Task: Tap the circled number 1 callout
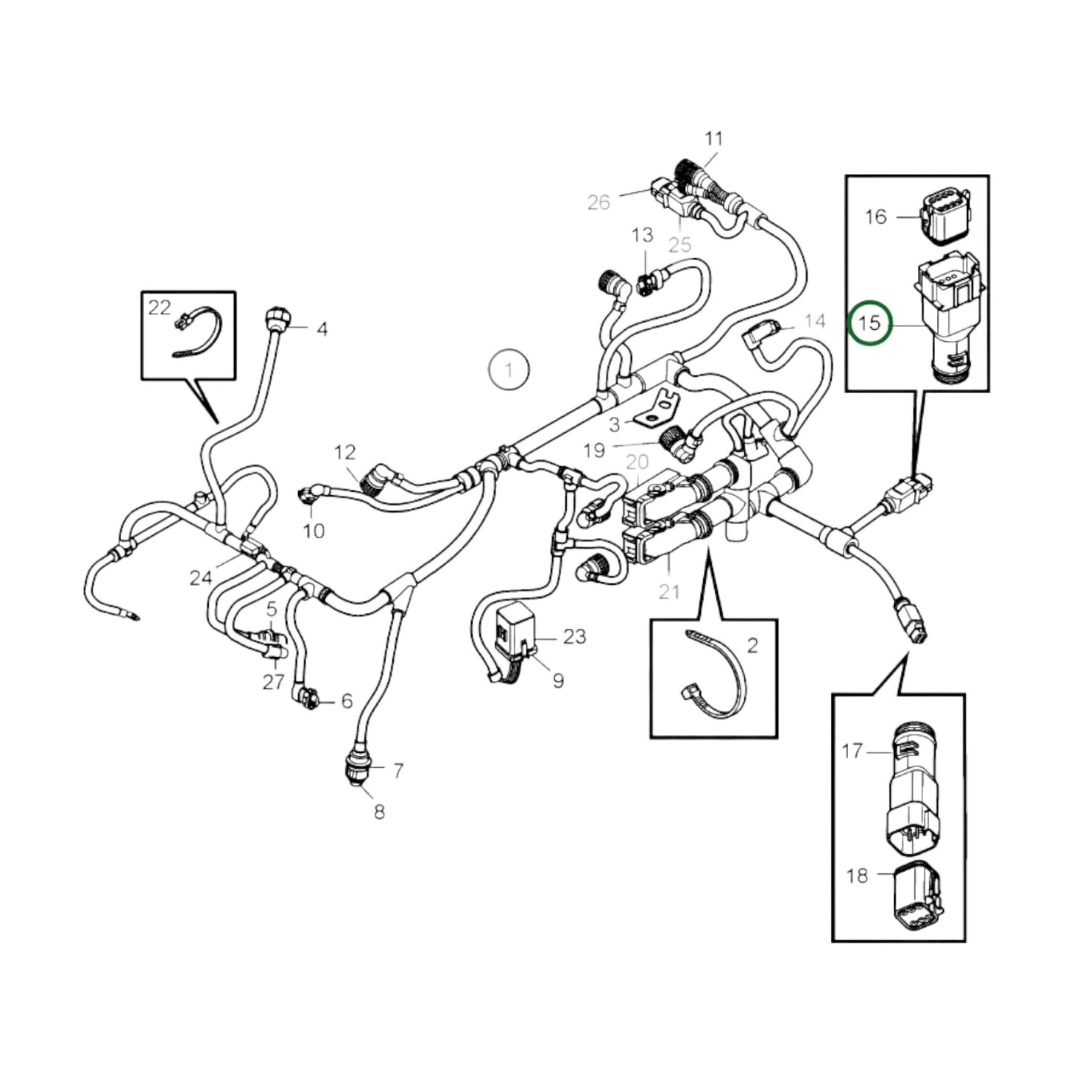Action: click(508, 369)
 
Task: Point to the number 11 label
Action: click(713, 138)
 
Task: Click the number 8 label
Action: click(379, 812)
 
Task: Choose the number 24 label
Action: click(200, 578)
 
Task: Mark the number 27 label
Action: click(273, 682)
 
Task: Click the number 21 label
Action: click(669, 592)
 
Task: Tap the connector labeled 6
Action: click(307, 696)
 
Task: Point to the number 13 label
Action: click(641, 236)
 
